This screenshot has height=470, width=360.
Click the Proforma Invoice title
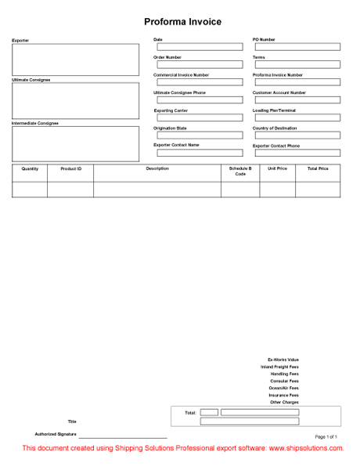pyautogui.click(x=182, y=22)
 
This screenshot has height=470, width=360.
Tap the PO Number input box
pyautogui.click(x=296, y=47)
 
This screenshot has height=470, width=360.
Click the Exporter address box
pyautogui.click(x=75, y=59)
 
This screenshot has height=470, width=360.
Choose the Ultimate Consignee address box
pyautogui.click(x=75, y=100)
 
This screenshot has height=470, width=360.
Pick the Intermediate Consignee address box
pyautogui.click(x=75, y=143)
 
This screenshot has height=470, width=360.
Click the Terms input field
pyautogui.click(x=296, y=65)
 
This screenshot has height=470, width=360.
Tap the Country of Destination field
pyautogui.click(x=296, y=136)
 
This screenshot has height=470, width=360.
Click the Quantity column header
pyautogui.click(x=30, y=168)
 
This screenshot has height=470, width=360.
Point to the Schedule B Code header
pyautogui.click(x=240, y=172)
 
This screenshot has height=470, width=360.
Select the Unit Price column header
pyautogui.click(x=277, y=168)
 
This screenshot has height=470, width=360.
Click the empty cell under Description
pyautogui.click(x=157, y=189)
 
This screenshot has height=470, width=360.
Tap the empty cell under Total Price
pyautogui.click(x=318, y=189)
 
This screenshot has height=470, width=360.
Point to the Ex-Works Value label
pyautogui.click(x=283, y=360)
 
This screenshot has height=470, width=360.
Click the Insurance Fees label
pyautogui.click(x=283, y=396)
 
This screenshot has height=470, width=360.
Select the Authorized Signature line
pyautogui.click(x=122, y=436)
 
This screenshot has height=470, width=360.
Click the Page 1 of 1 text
pyautogui.click(x=326, y=436)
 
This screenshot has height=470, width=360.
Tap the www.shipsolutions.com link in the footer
pyautogui.click(x=307, y=449)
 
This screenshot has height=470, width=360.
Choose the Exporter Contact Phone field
pyautogui.click(x=296, y=154)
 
